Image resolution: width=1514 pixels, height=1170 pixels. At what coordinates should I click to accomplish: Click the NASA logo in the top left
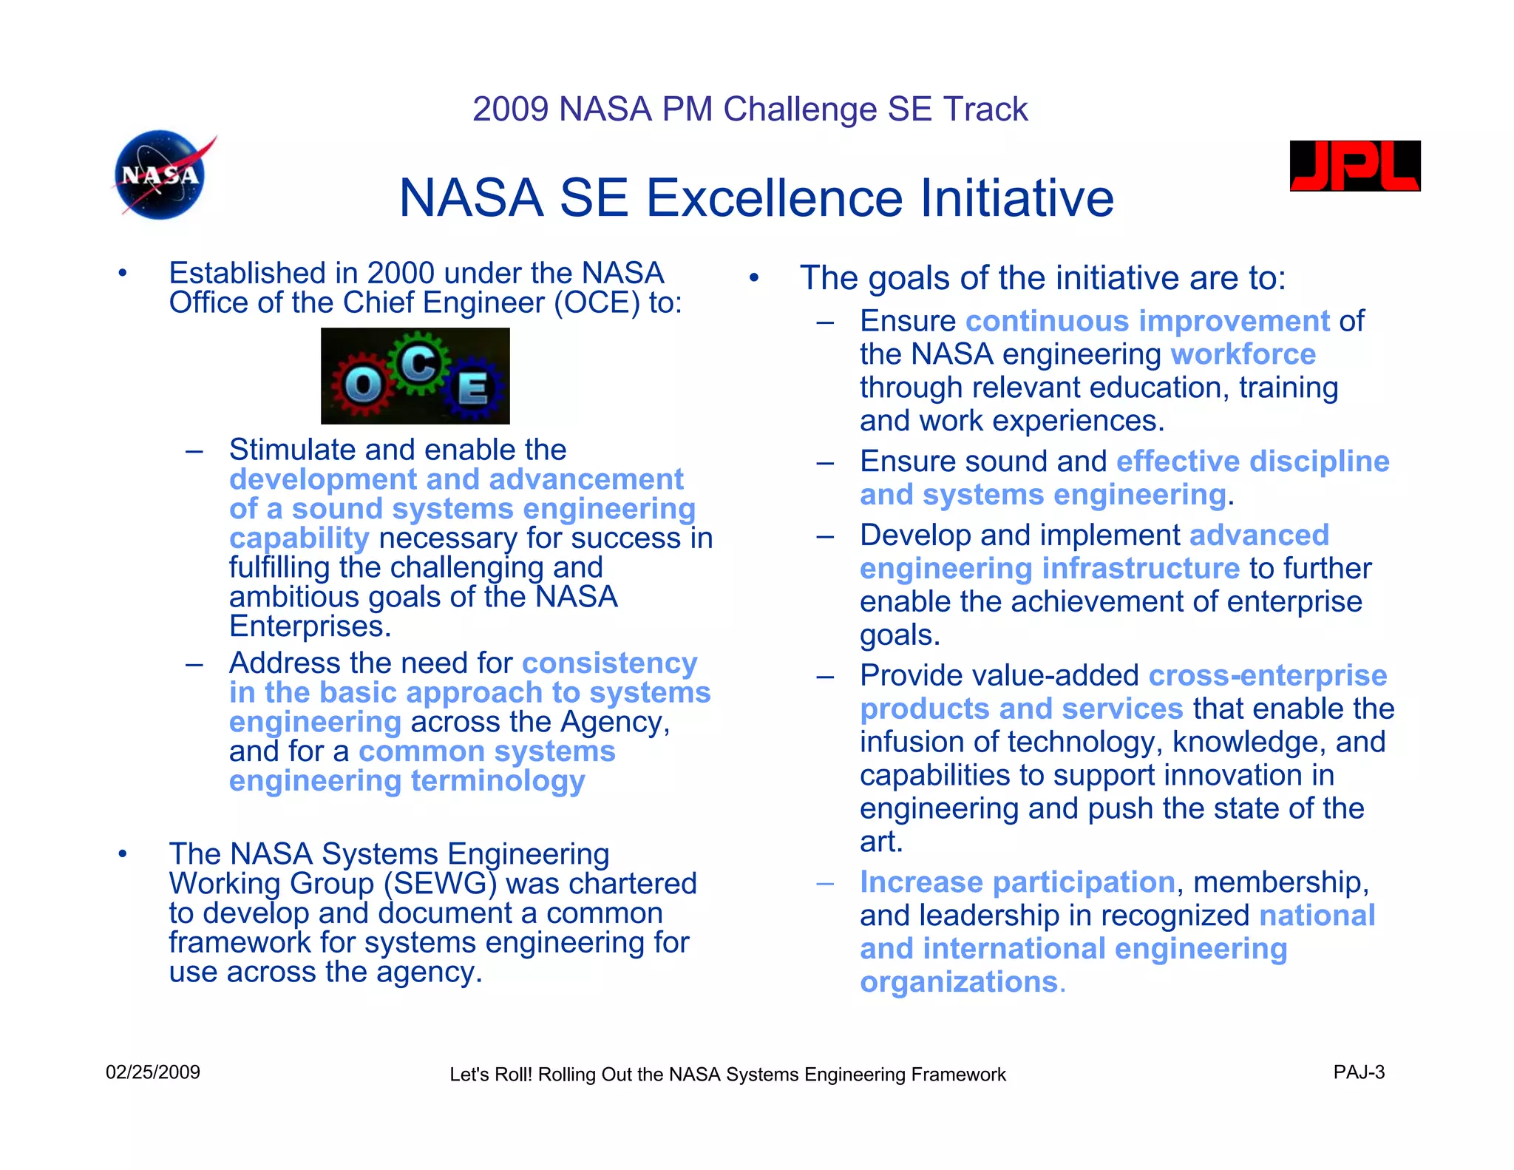pos(160,175)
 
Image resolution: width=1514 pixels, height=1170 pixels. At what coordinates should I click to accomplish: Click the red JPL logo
pos(1354,166)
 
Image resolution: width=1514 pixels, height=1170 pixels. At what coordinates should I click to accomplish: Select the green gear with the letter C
pos(419,363)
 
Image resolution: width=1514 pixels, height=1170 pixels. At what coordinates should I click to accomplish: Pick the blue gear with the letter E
pos(474,388)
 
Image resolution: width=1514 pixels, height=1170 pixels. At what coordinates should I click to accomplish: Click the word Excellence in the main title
pos(775,198)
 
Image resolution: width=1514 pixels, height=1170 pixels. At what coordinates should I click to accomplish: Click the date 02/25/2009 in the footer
pos(153,1072)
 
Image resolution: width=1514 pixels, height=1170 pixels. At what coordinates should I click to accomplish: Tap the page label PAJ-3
pos(1359,1072)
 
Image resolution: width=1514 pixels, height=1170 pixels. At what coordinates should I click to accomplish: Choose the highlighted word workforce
pos(1243,354)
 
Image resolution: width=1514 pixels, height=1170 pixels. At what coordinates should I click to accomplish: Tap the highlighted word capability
pos(299,539)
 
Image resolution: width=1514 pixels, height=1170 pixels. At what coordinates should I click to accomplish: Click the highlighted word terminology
pos(498,781)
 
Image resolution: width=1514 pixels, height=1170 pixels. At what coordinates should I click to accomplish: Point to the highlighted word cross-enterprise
pos(1267,675)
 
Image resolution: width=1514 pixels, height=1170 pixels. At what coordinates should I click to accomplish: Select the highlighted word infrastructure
pos(1141,569)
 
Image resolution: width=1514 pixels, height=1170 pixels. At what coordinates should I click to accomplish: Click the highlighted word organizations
pos(959,982)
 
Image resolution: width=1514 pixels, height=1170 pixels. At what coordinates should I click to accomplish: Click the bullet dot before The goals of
pos(753,279)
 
